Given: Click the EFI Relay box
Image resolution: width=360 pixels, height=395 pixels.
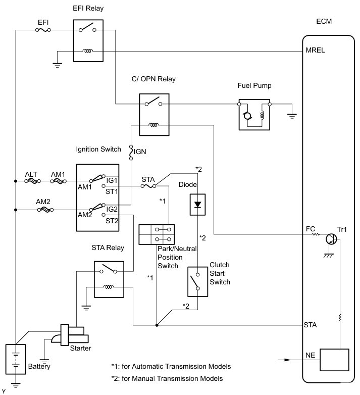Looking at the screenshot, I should tap(88, 40).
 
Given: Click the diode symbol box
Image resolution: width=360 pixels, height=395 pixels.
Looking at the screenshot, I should tap(198, 204).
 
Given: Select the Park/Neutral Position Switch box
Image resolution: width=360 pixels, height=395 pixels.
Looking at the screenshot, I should tap(156, 234).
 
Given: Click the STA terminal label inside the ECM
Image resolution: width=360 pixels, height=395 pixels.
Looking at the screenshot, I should tap(311, 325).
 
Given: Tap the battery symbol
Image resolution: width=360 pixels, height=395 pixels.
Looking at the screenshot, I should tap(16, 358).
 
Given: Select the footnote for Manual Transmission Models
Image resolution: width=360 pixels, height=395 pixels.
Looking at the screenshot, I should tap(167, 378).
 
